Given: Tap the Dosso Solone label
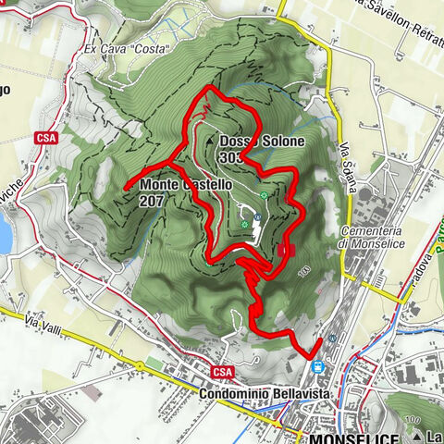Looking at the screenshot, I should pos(262,141).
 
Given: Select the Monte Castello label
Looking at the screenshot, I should pos(179,185).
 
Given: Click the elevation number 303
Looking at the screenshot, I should pos(231,157).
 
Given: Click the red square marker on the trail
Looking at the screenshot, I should pos(282,249).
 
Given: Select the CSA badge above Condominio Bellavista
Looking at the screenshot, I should pos(221,372).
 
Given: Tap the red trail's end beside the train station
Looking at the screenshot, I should pos(319,340).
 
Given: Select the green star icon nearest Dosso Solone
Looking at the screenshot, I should pos(265,195).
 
